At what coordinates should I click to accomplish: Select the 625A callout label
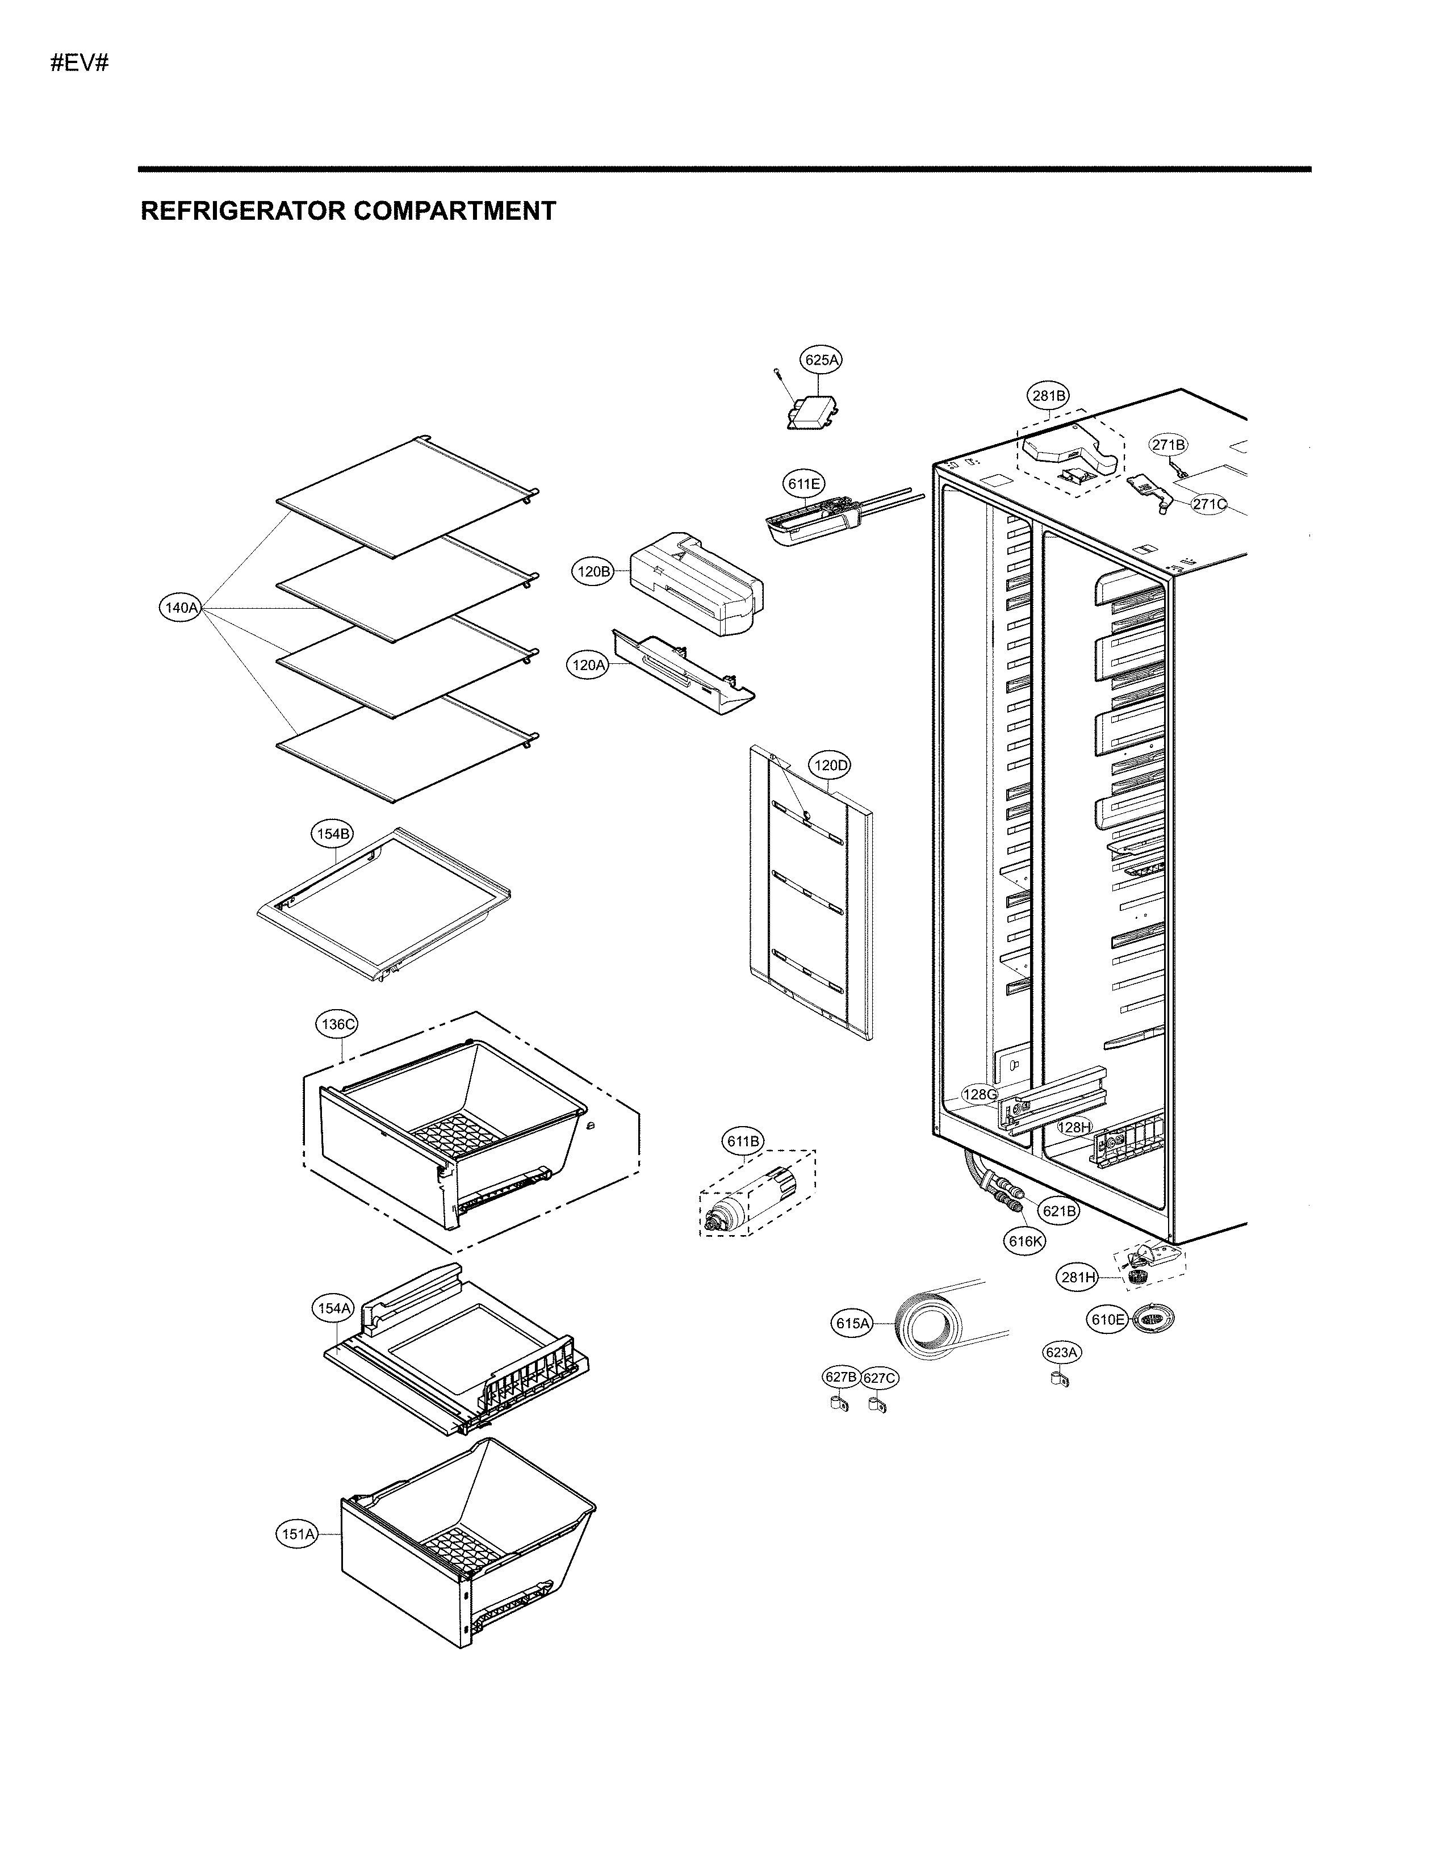point(821,361)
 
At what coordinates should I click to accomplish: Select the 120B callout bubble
point(593,571)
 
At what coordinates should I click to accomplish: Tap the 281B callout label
point(1048,396)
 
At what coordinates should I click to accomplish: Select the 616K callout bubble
point(1026,1241)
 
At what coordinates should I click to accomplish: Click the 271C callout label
point(1209,504)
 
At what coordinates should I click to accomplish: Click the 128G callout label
point(980,1094)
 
